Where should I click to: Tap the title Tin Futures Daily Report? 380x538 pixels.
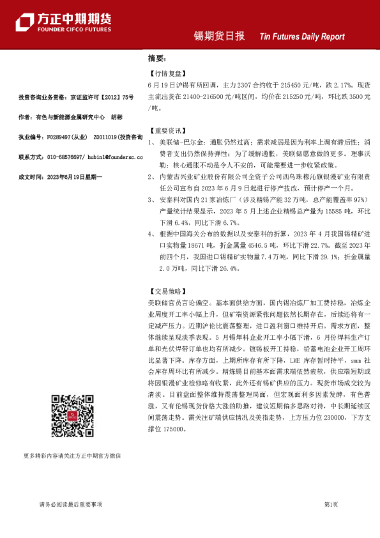pyautogui.click(x=302, y=37)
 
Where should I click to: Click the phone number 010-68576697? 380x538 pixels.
pyautogui.click(x=65, y=157)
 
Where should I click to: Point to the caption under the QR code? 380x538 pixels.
pyautogui.click(x=72, y=456)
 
